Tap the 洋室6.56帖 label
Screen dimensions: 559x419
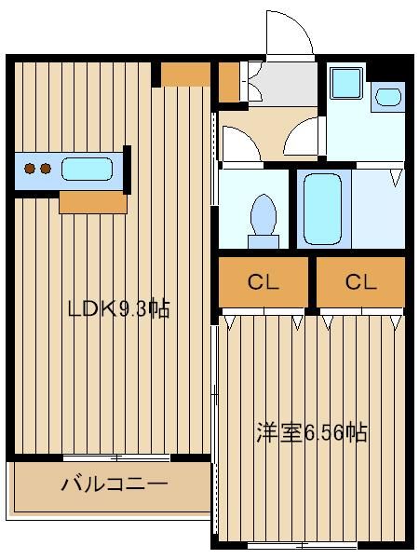[x=312, y=432]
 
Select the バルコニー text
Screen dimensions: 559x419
[x=114, y=484]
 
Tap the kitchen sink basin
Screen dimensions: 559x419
[x=87, y=170]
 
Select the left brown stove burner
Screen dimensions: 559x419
[x=30, y=170]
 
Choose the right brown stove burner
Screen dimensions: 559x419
[x=44, y=170]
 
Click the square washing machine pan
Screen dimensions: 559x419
[x=346, y=84]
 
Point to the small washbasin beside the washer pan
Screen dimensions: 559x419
[x=386, y=94]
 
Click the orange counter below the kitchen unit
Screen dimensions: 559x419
[x=92, y=202]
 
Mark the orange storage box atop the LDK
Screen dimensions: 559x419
[x=185, y=73]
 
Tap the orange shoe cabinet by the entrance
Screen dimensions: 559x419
[x=229, y=82]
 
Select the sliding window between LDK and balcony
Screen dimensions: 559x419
[x=116, y=457]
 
